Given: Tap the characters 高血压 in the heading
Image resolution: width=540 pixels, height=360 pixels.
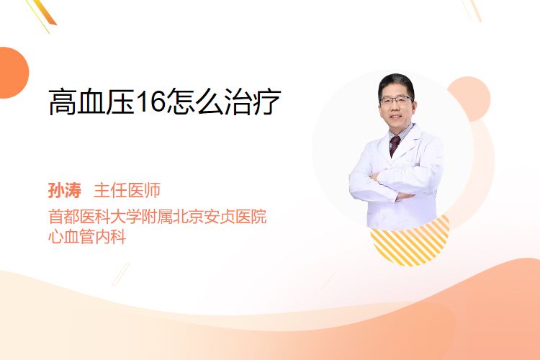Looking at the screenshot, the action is [91, 102].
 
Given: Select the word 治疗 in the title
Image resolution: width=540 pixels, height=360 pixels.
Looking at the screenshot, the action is [253, 102].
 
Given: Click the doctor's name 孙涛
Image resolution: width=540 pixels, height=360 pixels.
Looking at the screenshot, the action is [65, 191].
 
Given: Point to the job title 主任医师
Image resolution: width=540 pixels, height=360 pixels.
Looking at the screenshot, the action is [127, 191].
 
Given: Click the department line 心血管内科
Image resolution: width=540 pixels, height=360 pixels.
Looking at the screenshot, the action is [87, 236].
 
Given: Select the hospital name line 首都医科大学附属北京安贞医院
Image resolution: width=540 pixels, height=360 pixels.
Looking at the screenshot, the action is [158, 216].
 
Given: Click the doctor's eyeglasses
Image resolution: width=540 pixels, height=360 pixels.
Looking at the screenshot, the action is [395, 100].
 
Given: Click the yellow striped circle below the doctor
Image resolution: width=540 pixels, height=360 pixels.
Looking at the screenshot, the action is [410, 241].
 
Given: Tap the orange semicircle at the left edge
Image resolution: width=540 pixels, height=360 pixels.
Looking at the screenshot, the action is [13, 73].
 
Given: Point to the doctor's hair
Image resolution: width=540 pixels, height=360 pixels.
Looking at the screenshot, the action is [396, 84].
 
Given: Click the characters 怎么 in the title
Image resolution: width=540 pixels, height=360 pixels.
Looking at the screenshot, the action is [196, 102].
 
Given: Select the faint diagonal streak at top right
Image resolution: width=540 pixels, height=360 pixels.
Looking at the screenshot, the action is [475, 9].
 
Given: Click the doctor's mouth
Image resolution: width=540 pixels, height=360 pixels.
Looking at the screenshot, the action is [396, 117].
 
